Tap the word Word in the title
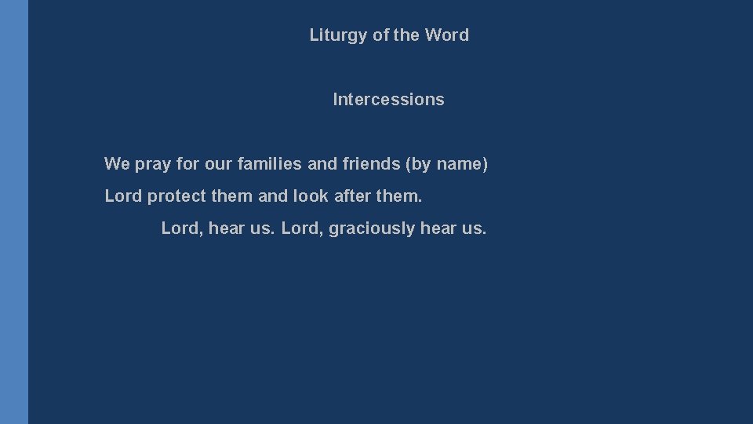(446, 35)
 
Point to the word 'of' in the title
(380, 35)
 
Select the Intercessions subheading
(388, 100)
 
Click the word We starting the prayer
(117, 164)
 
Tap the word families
(269, 164)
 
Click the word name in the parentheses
(462, 164)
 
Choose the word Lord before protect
(123, 196)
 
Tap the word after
(352, 196)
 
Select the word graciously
(372, 228)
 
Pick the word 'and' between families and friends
(322, 164)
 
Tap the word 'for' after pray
(188, 164)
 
